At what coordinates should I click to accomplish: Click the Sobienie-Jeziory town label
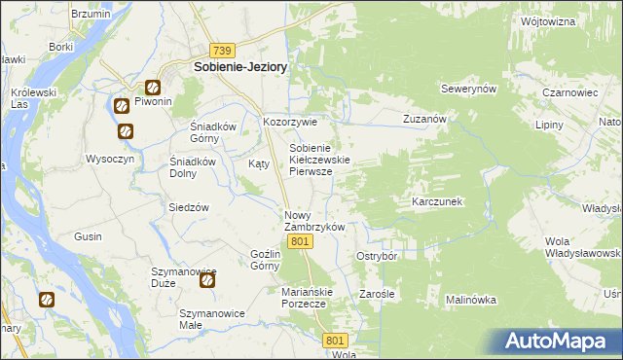click(x=239, y=67)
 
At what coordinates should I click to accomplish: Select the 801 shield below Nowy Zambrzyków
click(x=301, y=241)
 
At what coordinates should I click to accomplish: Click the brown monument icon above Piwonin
click(x=153, y=86)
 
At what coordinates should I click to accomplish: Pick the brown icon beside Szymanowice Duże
click(x=207, y=281)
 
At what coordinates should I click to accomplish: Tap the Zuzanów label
click(x=424, y=119)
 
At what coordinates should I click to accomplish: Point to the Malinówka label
click(x=472, y=301)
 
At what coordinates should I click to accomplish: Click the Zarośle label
click(x=376, y=293)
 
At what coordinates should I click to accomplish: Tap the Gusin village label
click(x=89, y=236)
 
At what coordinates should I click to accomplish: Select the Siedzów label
click(x=190, y=207)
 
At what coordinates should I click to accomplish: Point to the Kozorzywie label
click(x=290, y=123)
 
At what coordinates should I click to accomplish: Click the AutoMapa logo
click(x=560, y=342)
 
